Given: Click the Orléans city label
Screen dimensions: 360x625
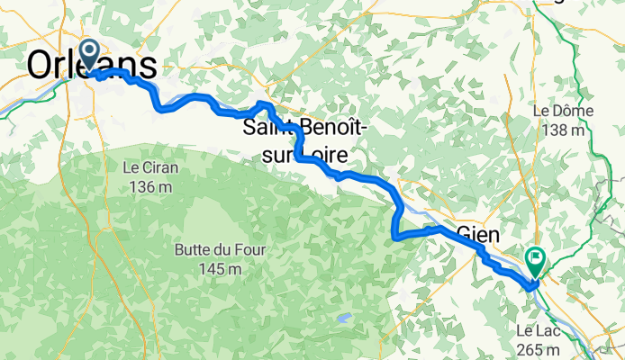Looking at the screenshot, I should [92, 65].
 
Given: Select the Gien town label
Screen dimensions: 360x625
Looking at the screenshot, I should [478, 234].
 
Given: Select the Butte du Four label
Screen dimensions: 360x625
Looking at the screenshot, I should [209, 247].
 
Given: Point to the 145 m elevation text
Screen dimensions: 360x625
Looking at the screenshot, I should [209, 267].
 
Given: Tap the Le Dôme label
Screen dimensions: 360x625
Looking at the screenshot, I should [560, 112].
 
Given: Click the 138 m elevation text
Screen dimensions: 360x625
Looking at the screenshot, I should [560, 130].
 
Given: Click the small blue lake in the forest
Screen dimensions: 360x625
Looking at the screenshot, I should [342, 318].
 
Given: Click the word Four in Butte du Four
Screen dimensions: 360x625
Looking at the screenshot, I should [244, 247].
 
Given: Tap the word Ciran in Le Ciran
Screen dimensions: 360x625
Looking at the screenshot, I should [159, 167].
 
